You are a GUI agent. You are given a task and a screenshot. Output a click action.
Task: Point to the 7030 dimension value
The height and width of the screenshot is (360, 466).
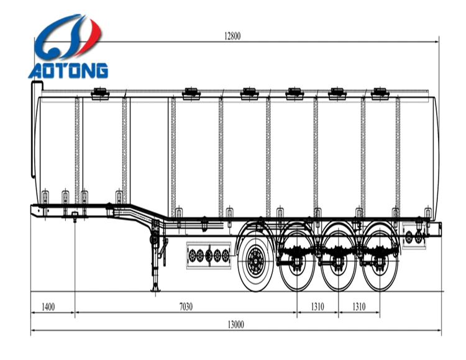[186, 307]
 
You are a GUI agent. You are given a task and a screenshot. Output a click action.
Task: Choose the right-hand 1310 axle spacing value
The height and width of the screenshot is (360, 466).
[360, 307]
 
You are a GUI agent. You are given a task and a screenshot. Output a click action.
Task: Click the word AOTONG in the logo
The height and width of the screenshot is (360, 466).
[68, 70]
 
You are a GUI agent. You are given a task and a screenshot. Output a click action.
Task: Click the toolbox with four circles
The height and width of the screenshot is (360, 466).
[209, 254]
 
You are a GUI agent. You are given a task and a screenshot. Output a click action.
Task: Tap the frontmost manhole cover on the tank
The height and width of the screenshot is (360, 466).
[100, 94]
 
